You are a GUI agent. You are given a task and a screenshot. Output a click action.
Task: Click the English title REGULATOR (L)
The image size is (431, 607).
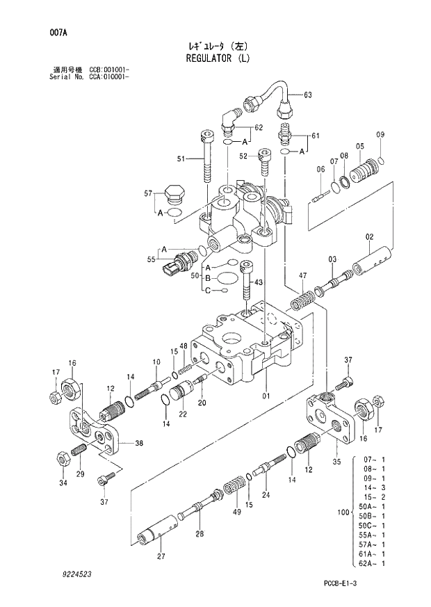[216, 58]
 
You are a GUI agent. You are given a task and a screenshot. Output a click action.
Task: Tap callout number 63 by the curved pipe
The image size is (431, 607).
[308, 95]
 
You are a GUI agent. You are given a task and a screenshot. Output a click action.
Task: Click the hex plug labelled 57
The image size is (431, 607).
[174, 194]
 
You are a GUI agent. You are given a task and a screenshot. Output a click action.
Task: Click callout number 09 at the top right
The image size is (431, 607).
[380, 134]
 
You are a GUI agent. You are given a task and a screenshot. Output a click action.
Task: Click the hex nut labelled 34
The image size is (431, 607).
[60, 460]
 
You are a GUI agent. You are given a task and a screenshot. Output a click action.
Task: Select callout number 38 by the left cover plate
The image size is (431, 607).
[139, 443]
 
